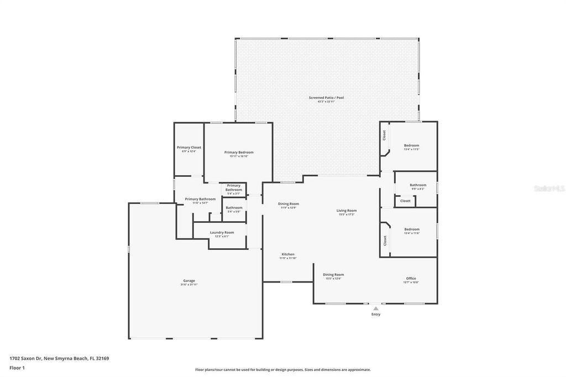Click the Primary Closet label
pyautogui.click(x=189, y=149)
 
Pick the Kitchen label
pyautogui.click(x=287, y=255)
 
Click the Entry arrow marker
pyautogui.click(x=376, y=308)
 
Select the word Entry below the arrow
pyautogui.click(x=376, y=315)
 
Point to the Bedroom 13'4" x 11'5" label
pyautogui.click(x=412, y=146)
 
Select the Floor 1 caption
pyautogui.click(x=17, y=367)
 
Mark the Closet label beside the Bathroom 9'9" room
pyautogui.click(x=405, y=201)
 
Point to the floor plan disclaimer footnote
pyautogui.click(x=282, y=370)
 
